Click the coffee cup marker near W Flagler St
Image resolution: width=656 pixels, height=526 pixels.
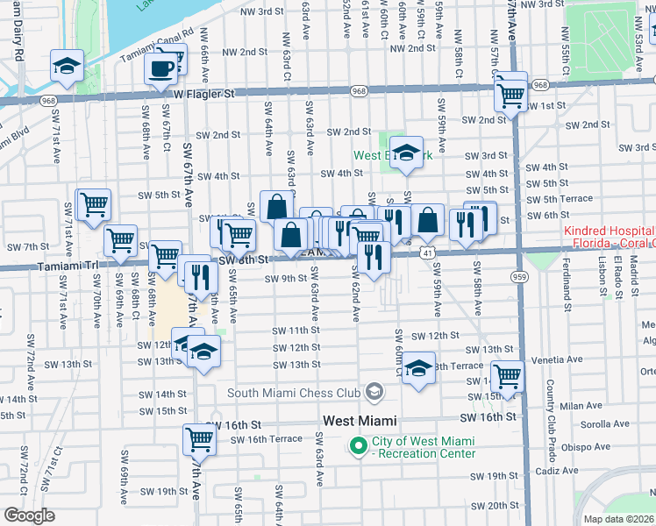click(x=160, y=68)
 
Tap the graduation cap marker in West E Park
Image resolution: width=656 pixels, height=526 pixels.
click(x=406, y=153)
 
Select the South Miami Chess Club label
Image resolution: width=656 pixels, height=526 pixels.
click(x=295, y=393)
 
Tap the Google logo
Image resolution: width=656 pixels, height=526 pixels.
click(x=29, y=515)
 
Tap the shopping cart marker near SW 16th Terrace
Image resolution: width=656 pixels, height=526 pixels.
click(x=199, y=439)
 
